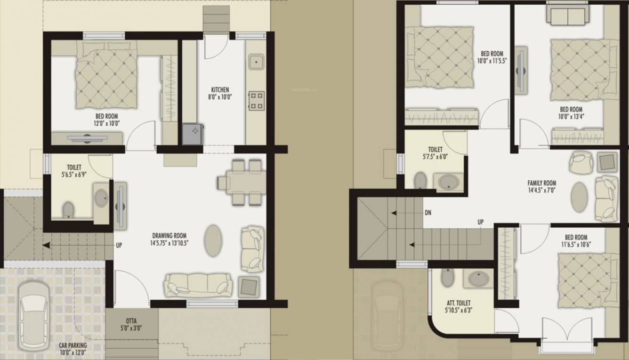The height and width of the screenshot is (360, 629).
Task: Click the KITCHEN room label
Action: click(220, 89)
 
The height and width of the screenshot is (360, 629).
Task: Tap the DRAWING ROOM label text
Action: click(169, 235)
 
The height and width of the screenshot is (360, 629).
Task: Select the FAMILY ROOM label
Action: click(541, 183)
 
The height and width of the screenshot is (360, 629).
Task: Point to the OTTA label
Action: click(131, 321)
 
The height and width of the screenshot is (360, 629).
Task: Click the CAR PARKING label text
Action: click(73, 345)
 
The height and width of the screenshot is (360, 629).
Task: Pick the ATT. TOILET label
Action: click(458, 303)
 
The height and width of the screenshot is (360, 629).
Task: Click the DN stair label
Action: click(427, 213)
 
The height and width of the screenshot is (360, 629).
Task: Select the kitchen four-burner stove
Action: click(256, 101)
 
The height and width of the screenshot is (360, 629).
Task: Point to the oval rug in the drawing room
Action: click(213, 240)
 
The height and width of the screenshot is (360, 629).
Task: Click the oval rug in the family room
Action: click(579, 197)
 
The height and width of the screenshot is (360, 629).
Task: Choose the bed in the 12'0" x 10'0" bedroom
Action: click(107, 75)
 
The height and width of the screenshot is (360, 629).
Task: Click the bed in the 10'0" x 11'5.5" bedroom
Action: click(440, 57)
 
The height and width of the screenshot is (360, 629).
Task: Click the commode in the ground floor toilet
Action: click(68, 209)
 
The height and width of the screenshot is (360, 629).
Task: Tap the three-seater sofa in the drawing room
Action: click(198, 284)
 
